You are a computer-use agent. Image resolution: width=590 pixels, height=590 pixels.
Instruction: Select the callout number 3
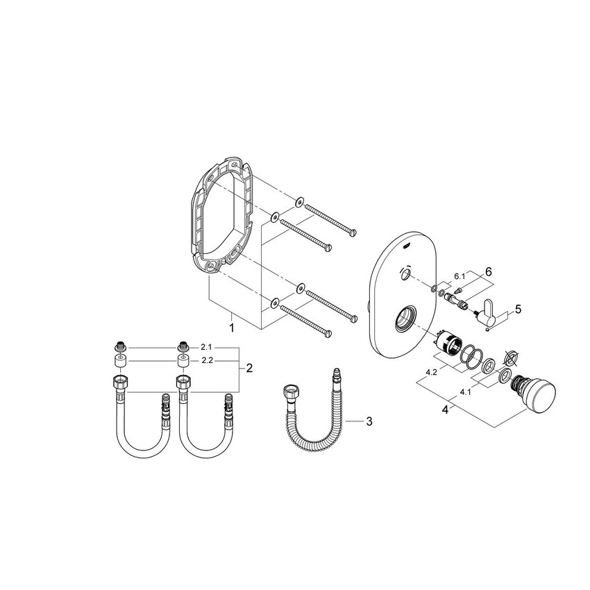pos(369,421)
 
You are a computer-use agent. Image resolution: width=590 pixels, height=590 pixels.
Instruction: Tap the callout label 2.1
pos(205,346)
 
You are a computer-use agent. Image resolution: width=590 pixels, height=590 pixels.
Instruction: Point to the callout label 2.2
pos(205,362)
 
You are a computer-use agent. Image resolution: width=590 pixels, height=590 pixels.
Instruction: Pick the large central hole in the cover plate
pos(405,321)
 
